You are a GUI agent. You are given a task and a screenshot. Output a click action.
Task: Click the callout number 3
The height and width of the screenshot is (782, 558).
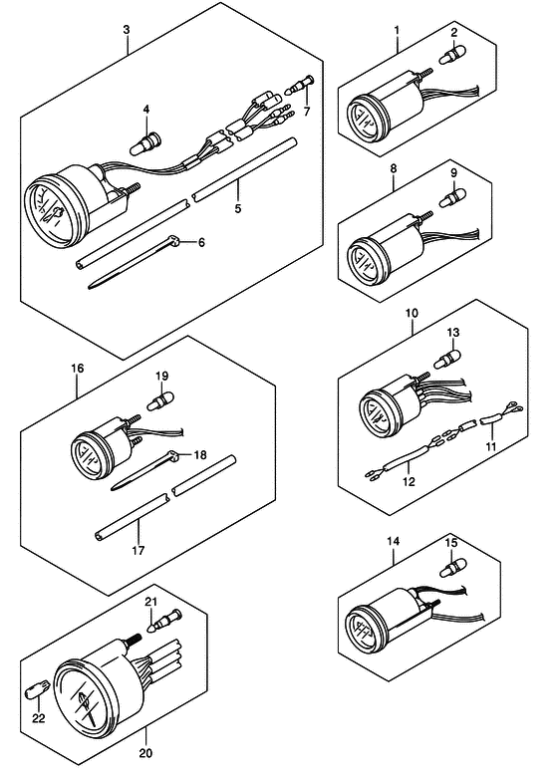pyautogui.click(x=127, y=30)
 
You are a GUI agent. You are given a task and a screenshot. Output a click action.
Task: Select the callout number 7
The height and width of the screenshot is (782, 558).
pyautogui.click(x=307, y=112)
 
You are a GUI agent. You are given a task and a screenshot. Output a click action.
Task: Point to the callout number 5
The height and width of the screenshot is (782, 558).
pyautogui.click(x=238, y=208)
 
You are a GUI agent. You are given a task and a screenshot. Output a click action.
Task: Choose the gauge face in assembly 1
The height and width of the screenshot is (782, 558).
pyautogui.click(x=365, y=121)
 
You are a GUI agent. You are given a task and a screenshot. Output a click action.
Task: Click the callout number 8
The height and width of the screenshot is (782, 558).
pyautogui.click(x=394, y=168)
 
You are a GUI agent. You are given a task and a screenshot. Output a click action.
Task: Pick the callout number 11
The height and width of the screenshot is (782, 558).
pyautogui.click(x=491, y=446)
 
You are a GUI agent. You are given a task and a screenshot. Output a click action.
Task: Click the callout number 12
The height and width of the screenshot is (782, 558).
pyautogui.click(x=409, y=482)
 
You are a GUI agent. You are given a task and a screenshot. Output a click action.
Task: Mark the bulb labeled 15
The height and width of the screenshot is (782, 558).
pyautogui.click(x=453, y=568)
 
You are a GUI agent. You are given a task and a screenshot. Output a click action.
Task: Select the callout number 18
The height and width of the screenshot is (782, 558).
pyautogui.click(x=200, y=455)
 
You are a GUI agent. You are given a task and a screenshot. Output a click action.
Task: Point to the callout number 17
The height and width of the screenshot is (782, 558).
pyautogui.click(x=139, y=551)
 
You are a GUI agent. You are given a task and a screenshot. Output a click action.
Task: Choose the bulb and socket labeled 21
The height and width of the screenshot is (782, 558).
pyautogui.click(x=165, y=620)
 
